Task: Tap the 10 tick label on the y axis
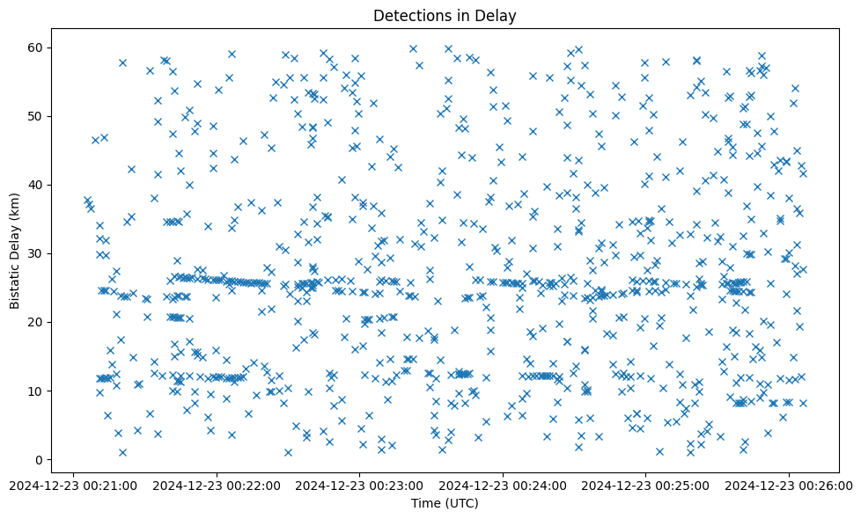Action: (37, 391)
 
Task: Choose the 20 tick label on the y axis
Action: (37, 322)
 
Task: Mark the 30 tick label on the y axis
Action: (37, 253)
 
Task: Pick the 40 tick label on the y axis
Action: (37, 185)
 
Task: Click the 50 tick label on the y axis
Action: (37, 116)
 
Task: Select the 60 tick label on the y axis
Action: (37, 48)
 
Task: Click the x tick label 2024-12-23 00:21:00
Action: (73, 485)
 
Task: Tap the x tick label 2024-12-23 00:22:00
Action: (217, 485)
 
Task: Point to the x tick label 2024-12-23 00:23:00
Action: (359, 485)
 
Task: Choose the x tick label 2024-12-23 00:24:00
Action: (503, 485)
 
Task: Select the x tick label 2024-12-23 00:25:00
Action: (645, 485)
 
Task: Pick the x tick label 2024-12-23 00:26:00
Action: (789, 485)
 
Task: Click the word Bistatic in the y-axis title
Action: (15, 281)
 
